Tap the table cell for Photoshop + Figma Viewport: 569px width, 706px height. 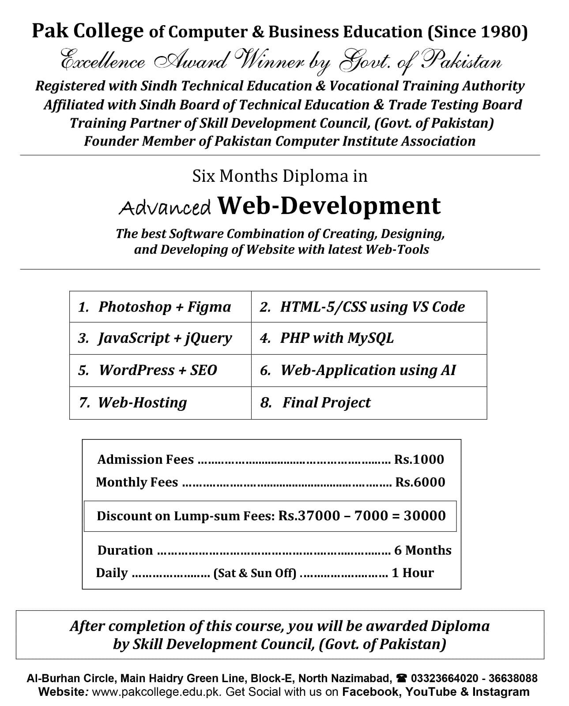(160, 307)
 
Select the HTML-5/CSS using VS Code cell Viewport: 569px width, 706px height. (369, 307)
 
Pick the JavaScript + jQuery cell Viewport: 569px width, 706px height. (160, 338)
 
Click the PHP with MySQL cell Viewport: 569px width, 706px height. (369, 338)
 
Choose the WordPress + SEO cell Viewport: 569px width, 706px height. (160, 370)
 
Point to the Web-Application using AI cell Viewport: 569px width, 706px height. (369, 370)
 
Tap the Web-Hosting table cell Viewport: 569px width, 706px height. (160, 402)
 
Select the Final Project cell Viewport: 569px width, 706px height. (369, 402)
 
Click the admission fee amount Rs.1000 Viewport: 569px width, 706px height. (419, 459)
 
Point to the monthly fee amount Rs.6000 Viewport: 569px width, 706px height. (420, 482)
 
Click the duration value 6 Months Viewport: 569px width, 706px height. (422, 550)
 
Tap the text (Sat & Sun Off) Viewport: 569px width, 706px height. (255, 573)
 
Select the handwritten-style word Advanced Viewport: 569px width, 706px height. (165, 207)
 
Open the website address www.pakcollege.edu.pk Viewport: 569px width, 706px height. (157, 691)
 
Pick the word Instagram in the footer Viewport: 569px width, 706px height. (501, 691)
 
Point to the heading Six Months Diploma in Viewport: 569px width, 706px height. (280, 176)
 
